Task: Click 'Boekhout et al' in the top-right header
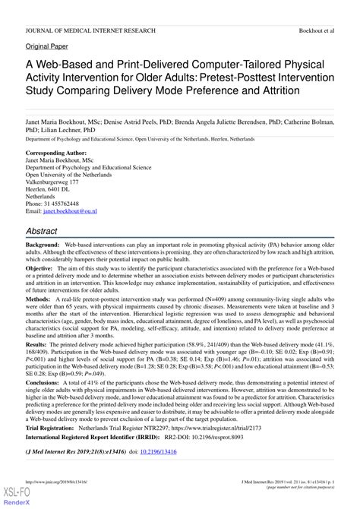click(316, 30)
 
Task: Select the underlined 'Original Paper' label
click(46, 46)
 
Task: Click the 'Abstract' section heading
click(47, 230)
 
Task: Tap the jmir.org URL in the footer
click(57, 481)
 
